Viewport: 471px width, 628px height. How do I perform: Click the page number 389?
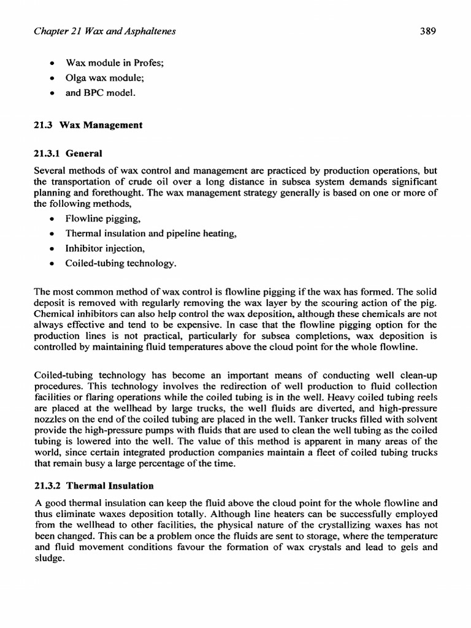tap(427, 33)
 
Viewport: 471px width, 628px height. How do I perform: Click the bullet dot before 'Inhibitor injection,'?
tap(53, 249)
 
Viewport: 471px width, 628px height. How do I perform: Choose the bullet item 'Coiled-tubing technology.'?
tap(121, 264)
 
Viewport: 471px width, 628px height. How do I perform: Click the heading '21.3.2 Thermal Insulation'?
tap(93, 486)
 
